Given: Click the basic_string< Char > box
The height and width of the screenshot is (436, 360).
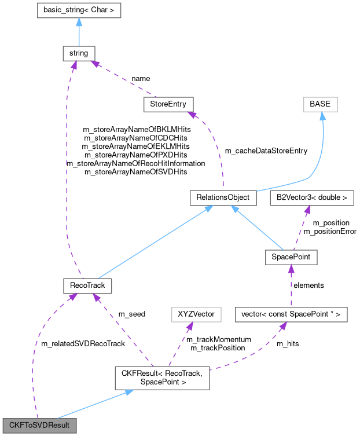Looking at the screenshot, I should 79,10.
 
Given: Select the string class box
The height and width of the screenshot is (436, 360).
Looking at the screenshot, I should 79,53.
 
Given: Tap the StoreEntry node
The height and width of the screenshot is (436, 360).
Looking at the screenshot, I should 168,104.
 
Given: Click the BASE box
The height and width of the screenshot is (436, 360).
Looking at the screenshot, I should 319,104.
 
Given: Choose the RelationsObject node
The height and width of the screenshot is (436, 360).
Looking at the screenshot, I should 223,197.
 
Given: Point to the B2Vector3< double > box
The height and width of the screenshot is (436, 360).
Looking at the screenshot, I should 312,197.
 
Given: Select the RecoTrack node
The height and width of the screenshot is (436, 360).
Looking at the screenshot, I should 87,285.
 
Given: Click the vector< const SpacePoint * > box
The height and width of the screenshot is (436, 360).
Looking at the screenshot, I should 291,314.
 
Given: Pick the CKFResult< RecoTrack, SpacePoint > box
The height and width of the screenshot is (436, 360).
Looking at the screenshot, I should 161,378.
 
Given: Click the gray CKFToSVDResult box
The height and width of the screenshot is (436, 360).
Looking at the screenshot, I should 39,426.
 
